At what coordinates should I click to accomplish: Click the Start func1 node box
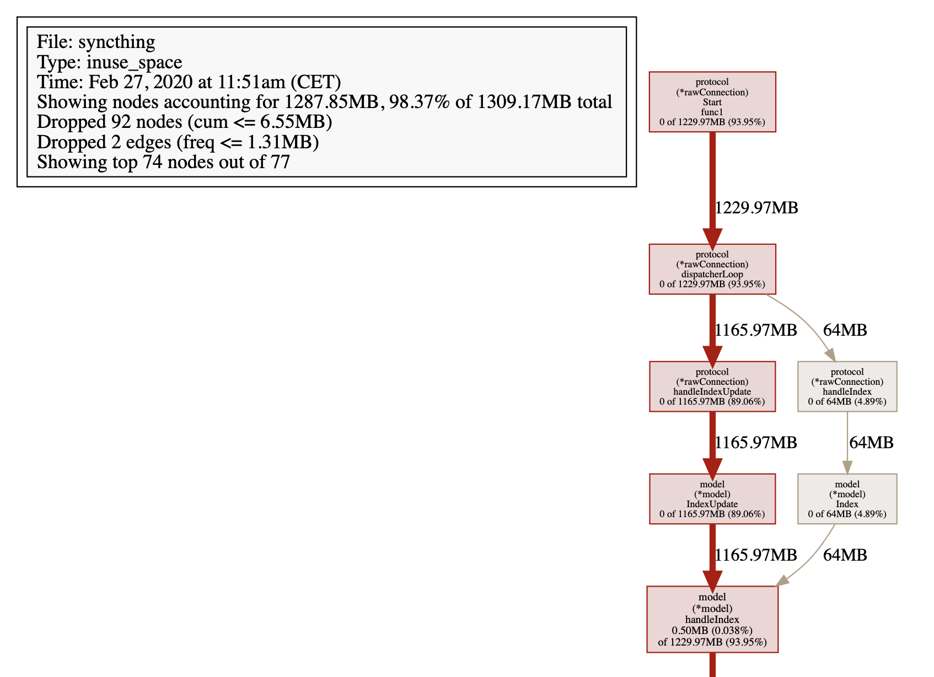712,102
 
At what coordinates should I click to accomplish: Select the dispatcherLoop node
712,269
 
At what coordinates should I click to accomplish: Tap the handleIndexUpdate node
712,386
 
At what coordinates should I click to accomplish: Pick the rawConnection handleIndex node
847,386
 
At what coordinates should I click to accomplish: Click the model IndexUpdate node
712,499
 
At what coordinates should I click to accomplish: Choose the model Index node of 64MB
847,499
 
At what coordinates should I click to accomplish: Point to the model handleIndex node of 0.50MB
712,619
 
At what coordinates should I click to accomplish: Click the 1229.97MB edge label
756,208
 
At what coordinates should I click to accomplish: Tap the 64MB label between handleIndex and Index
871,443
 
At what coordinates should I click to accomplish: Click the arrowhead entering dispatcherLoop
712,239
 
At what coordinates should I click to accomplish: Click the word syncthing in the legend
117,42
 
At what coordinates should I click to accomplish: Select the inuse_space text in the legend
134,62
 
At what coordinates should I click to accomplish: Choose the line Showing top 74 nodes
163,162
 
